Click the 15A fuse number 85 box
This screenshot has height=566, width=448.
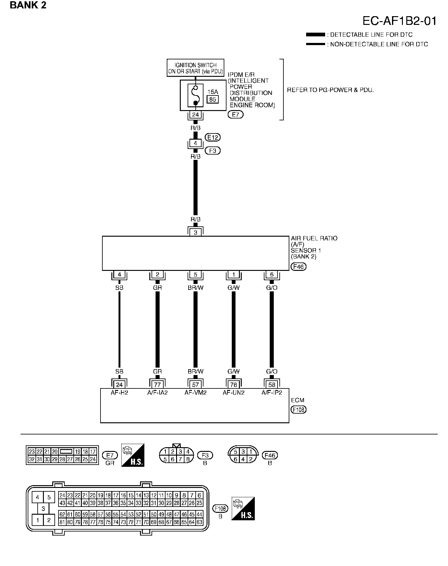coord(213,99)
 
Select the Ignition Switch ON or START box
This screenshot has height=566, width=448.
coord(195,68)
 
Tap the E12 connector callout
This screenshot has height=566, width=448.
coord(213,137)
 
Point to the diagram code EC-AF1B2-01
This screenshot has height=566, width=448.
coord(399,21)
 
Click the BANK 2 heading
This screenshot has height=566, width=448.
coord(28,5)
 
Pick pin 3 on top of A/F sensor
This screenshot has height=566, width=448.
coord(195,232)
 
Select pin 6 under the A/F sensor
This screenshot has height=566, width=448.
coord(272,275)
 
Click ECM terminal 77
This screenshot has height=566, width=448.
coord(157,385)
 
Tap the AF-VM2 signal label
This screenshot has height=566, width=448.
coord(195,392)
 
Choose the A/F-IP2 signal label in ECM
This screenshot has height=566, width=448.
coord(272,392)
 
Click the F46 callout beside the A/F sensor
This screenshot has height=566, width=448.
coord(298,267)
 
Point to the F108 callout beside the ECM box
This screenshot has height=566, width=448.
coord(298,410)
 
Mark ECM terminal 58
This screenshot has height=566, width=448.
coord(272,385)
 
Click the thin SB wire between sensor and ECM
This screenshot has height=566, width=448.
coord(119,330)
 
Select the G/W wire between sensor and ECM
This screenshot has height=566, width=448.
coord(234,330)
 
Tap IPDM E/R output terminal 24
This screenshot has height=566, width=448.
coord(195,115)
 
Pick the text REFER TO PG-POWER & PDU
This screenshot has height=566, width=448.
coord(330,90)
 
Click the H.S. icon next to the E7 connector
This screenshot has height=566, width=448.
coord(133,455)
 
